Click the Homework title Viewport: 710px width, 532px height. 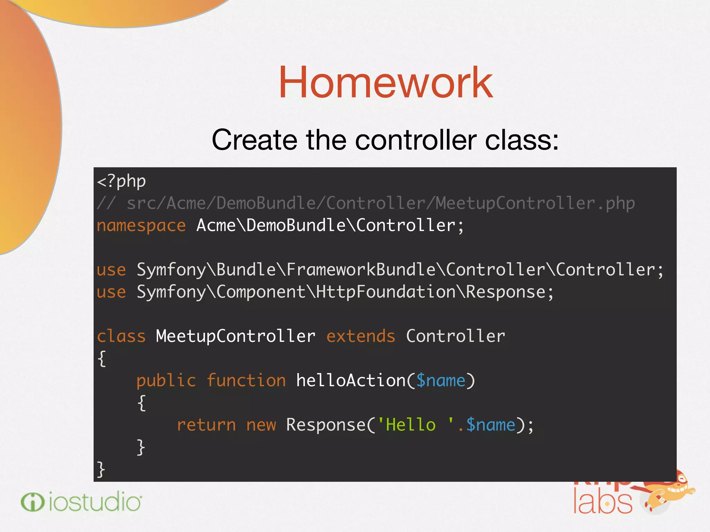(386, 83)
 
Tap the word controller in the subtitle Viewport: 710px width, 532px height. (416, 140)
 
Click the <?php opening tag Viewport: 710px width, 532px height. (121, 181)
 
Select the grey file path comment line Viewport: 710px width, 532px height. (366, 203)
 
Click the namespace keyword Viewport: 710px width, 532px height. (141, 226)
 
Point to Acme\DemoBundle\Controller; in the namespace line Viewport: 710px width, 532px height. (330, 226)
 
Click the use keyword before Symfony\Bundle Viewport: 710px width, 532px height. (111, 270)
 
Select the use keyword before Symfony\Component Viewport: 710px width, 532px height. (111, 292)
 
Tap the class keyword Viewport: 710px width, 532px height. (121, 336)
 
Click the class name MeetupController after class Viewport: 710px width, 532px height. (235, 336)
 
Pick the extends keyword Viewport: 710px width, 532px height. (361, 336)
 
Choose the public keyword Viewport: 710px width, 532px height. (166, 381)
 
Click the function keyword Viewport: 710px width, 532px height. (246, 381)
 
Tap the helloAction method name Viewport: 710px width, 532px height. (351, 381)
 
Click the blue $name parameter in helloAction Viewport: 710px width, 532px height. (441, 381)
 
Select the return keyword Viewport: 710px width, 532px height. (206, 425)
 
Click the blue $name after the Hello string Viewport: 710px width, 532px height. (491, 425)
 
